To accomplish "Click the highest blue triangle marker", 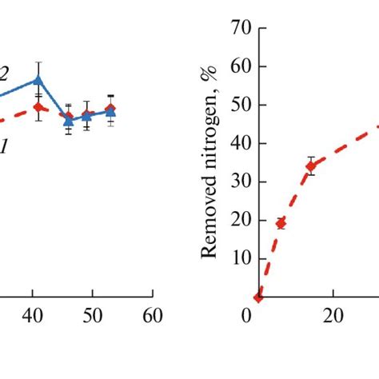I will click(38, 80).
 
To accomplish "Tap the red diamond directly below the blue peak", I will click(38, 106).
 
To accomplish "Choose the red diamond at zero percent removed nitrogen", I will click(258, 297).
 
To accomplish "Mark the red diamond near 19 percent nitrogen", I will click(281, 224).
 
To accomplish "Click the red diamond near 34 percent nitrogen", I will click(311, 166).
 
